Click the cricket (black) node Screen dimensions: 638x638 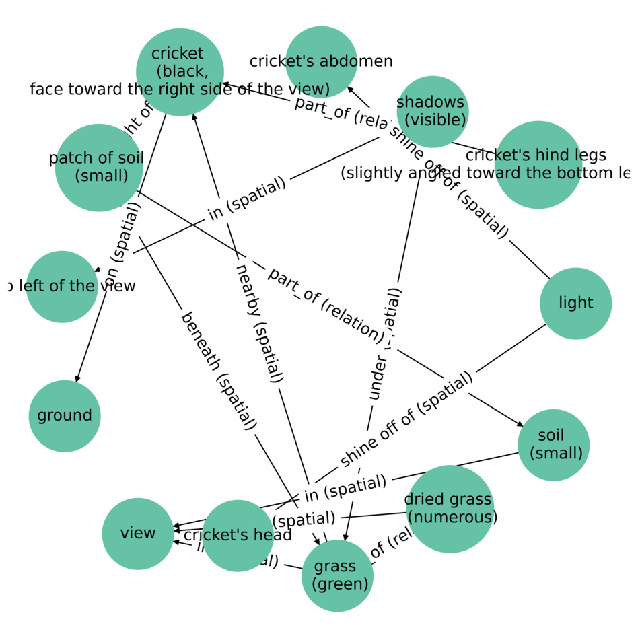point(180,72)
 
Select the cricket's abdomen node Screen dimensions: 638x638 point(321,62)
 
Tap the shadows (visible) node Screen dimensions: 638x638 point(432,112)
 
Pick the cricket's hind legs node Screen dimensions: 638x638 point(538,165)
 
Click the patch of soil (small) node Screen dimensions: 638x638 point(99,168)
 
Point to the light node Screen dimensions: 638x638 point(575,303)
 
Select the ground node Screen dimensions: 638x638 point(65,416)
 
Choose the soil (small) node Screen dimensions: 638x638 point(553,445)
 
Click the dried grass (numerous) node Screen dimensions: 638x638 point(450,509)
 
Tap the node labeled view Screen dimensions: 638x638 point(138,534)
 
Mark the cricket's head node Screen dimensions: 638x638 point(238,536)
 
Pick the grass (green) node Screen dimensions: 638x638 point(337,576)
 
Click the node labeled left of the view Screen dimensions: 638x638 point(62,287)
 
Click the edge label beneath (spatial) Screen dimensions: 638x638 point(218,370)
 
